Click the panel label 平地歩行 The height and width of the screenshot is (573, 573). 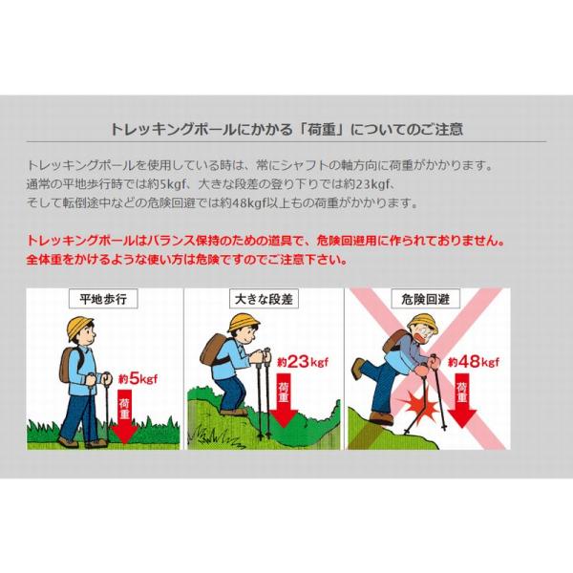pyautogui.click(x=103, y=299)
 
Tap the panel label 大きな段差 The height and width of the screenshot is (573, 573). pyautogui.click(x=264, y=299)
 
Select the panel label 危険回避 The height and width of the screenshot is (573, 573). pyautogui.click(x=425, y=299)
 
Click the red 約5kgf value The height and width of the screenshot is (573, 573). pyautogui.click(x=138, y=379)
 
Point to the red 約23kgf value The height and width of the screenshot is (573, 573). pyautogui.click(x=303, y=362)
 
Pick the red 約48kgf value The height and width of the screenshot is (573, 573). pyautogui.click(x=474, y=362)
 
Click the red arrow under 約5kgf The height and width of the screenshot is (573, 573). pyautogui.click(x=124, y=416)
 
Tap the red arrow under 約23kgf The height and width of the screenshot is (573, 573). pyautogui.click(x=284, y=400)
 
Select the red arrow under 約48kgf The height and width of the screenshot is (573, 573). pyautogui.click(x=462, y=400)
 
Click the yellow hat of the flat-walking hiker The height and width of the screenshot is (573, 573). pyautogui.click(x=80, y=328)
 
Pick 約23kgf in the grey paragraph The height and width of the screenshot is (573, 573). pyautogui.click(x=368, y=184)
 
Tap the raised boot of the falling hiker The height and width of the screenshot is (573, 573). pyautogui.click(x=357, y=369)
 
